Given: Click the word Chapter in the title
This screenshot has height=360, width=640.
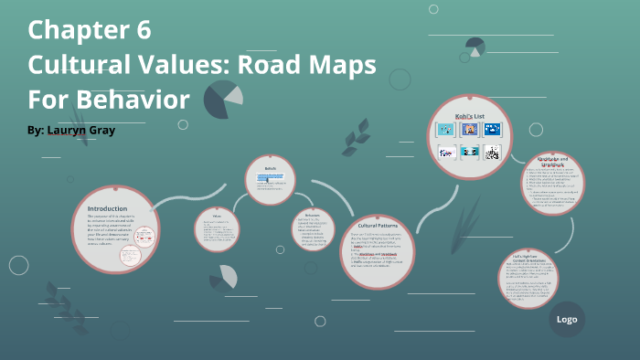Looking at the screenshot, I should [x=75, y=30].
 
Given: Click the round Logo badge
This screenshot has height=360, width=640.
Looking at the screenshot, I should [x=565, y=320].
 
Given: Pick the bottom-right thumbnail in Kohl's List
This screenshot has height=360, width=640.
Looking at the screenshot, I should [x=493, y=153].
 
